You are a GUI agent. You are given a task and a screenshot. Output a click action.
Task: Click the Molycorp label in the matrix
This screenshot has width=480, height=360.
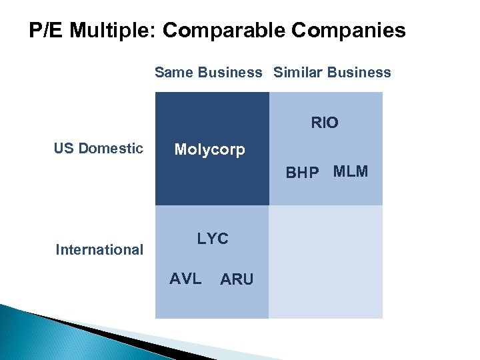pos(209,149)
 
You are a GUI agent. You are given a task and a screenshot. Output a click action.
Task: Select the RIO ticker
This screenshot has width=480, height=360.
pos(325,123)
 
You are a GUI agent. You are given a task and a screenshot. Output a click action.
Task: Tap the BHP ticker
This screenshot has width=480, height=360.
pos(302,173)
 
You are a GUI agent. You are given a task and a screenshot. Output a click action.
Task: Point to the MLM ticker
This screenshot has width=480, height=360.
pos(351,171)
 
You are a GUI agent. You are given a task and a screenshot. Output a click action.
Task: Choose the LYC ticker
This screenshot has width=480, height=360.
pos(213,239)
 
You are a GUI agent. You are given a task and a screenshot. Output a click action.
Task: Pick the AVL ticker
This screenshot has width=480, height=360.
pos(185,279)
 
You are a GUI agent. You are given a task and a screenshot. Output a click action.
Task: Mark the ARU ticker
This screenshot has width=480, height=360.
pos(237,280)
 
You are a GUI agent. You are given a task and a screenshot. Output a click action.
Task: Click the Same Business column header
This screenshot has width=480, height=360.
pos(209,73)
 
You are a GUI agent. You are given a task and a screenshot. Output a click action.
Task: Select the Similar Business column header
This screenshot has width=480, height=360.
pos(332,73)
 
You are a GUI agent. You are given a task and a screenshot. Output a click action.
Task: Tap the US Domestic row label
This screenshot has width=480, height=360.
pos(99,148)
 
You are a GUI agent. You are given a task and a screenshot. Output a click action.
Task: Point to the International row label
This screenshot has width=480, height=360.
pos(99,250)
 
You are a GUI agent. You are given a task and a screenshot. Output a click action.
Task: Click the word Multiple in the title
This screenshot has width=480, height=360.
pos(113,31)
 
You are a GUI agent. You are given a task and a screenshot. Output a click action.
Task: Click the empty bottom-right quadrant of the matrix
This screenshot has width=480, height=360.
pos(326,261)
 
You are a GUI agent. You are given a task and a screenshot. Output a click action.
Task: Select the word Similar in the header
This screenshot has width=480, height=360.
pos(295,73)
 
